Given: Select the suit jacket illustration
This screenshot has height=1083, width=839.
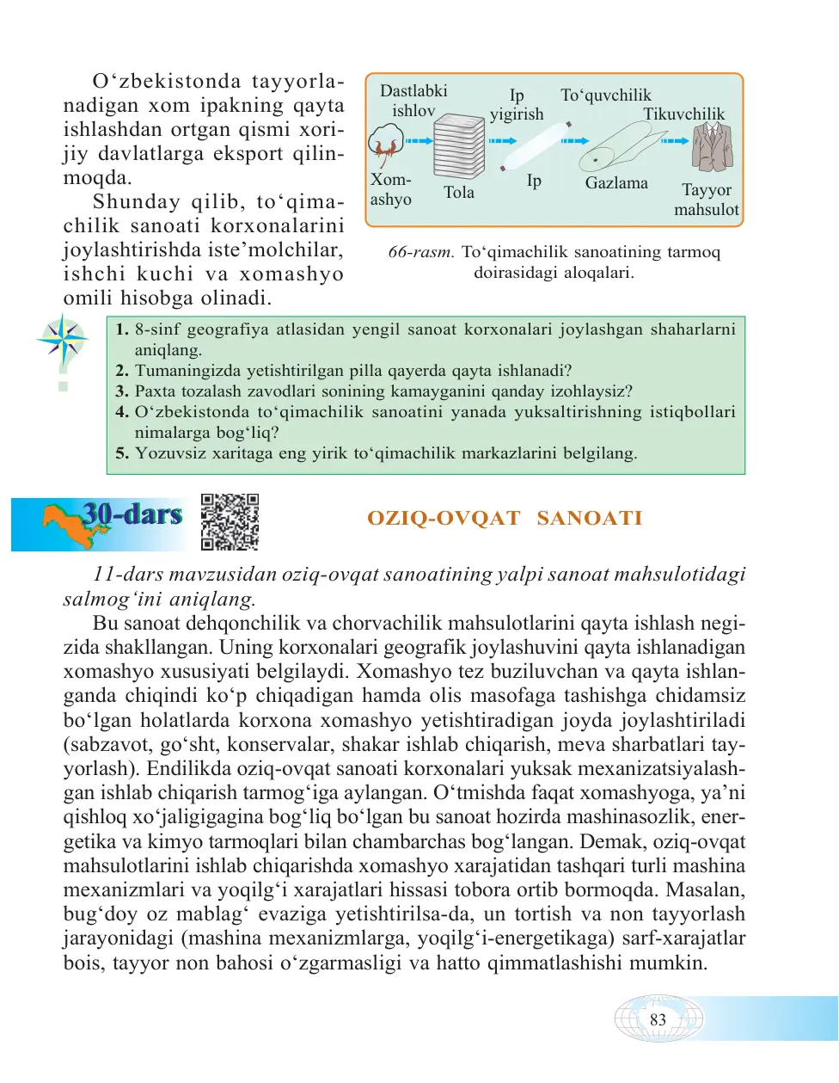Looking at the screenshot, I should [712, 147].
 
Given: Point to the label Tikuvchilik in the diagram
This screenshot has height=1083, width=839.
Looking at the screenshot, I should [683, 114].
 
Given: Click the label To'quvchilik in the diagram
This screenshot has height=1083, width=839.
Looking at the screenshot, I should [605, 95].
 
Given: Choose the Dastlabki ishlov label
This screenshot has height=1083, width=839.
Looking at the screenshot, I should [413, 101].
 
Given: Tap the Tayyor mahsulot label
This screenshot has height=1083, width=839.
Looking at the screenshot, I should [706, 200].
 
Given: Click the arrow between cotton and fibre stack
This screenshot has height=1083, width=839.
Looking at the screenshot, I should [419, 141].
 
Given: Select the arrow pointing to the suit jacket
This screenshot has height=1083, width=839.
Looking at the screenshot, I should [675, 141].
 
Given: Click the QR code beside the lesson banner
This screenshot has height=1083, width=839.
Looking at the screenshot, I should [230, 521].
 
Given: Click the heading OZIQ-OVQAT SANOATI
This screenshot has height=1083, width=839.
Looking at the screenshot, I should [505, 518].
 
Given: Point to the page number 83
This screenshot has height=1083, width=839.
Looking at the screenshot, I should [658, 1019].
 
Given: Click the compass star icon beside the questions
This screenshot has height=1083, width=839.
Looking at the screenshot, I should [63, 340].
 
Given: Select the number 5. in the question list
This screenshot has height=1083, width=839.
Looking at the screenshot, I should [122, 453].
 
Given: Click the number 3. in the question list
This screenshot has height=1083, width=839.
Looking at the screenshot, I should [122, 391].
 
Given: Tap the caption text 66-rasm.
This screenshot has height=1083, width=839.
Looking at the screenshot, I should [420, 252].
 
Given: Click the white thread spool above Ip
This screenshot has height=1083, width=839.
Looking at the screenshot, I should [535, 146].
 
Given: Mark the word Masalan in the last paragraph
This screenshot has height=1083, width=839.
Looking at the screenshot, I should [705, 890].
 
